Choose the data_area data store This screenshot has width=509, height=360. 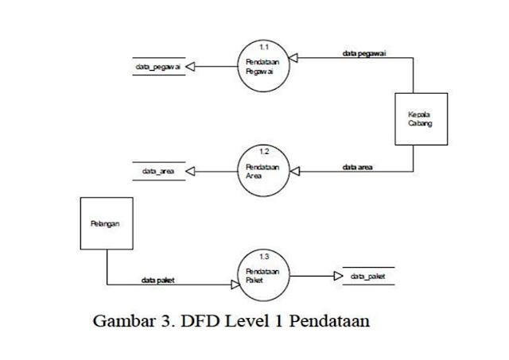[x=159, y=171]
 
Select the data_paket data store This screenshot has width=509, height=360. [x=368, y=276]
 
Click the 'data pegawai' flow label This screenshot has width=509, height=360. [x=360, y=54]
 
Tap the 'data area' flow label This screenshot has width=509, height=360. [x=359, y=168]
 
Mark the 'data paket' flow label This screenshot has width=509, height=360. [x=159, y=280]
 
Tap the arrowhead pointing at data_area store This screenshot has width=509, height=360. [x=191, y=171]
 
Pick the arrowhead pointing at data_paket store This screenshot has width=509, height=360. [x=337, y=276]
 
